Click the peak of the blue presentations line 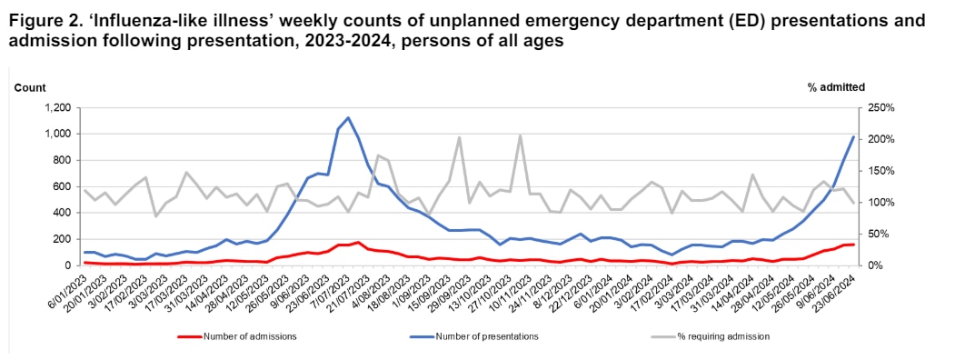[x=348, y=118]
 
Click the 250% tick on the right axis [x=881, y=108]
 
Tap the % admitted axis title [x=835, y=86]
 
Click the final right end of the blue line [x=854, y=136]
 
